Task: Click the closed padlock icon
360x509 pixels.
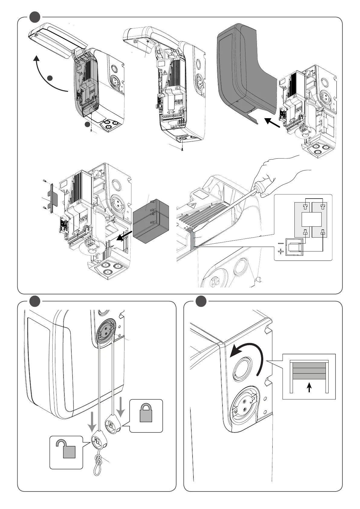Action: (146, 413)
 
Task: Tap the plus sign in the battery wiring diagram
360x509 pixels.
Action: (281, 251)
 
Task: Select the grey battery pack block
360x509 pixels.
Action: (151, 220)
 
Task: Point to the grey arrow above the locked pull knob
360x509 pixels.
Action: (121, 407)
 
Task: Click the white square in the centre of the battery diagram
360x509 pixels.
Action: (311, 219)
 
